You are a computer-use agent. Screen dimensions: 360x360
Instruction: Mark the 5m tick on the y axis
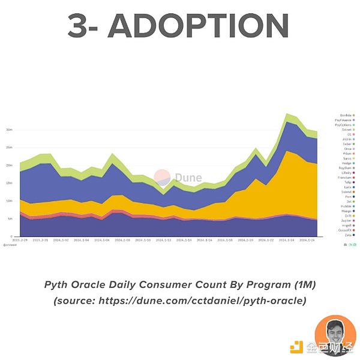(10, 219)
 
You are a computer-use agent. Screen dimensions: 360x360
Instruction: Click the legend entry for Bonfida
(346, 115)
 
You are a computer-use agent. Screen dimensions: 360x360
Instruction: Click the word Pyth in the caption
(58, 284)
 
